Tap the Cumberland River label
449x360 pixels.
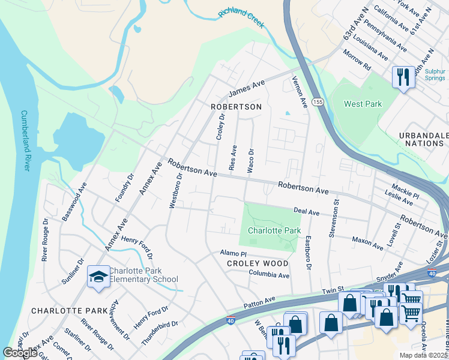pos(25,140)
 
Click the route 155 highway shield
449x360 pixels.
pos(318,103)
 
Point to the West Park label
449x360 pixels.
pos(363,104)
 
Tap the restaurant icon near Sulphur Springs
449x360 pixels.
pos(402,76)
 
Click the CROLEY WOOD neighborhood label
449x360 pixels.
pos(258,263)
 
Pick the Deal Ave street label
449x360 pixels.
pos(306,211)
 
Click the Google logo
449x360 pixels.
pos(20,353)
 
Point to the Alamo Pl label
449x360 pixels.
pos(231,254)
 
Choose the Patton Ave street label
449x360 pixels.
pos(259,302)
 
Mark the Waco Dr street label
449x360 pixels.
pos(251,158)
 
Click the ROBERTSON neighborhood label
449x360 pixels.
pos(237,106)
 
